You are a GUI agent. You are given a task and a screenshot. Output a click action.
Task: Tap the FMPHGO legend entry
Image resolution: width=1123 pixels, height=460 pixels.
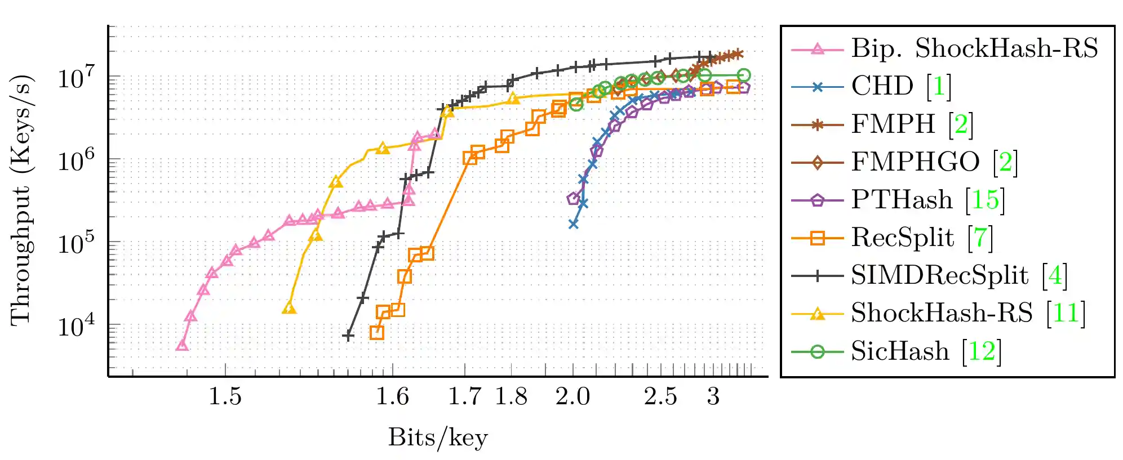point(915,162)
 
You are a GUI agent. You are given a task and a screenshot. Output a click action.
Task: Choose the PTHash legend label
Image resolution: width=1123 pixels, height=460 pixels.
point(902,200)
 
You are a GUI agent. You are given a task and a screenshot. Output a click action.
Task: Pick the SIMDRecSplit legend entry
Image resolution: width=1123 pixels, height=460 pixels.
point(939,275)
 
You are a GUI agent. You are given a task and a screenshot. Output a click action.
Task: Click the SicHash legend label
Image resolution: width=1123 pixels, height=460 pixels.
point(900,351)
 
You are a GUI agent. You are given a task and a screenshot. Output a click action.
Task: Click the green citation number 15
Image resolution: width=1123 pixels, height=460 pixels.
point(985,200)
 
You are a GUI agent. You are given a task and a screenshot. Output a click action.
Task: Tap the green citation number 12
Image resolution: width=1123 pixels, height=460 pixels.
point(981,351)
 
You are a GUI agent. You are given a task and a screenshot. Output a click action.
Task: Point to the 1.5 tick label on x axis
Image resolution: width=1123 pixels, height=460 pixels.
point(225,397)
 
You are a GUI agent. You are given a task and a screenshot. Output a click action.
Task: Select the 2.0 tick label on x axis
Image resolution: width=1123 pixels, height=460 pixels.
point(572,397)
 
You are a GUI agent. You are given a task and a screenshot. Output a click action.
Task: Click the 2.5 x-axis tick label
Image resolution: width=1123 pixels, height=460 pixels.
point(660,397)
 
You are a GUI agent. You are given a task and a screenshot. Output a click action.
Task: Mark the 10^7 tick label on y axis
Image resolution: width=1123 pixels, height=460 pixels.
point(78,78)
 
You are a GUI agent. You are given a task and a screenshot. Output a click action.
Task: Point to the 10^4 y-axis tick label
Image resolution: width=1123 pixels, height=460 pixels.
point(78,326)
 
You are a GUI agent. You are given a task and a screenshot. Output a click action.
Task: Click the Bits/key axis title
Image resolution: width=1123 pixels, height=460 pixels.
point(438,437)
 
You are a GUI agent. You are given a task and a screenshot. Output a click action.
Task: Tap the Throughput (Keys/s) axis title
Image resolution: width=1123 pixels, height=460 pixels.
point(21,200)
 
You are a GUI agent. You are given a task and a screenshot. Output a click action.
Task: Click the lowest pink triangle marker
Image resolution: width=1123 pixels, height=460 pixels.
point(181,345)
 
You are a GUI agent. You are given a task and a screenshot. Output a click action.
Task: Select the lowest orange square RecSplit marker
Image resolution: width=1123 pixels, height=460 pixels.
point(377,333)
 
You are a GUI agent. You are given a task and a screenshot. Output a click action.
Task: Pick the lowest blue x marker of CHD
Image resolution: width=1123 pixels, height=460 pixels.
point(573,224)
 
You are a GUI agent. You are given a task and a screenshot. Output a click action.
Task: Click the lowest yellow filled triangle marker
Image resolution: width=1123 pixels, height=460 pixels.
point(289,309)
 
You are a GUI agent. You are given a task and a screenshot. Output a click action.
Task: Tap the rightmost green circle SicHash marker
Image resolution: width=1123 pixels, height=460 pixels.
point(744,75)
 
